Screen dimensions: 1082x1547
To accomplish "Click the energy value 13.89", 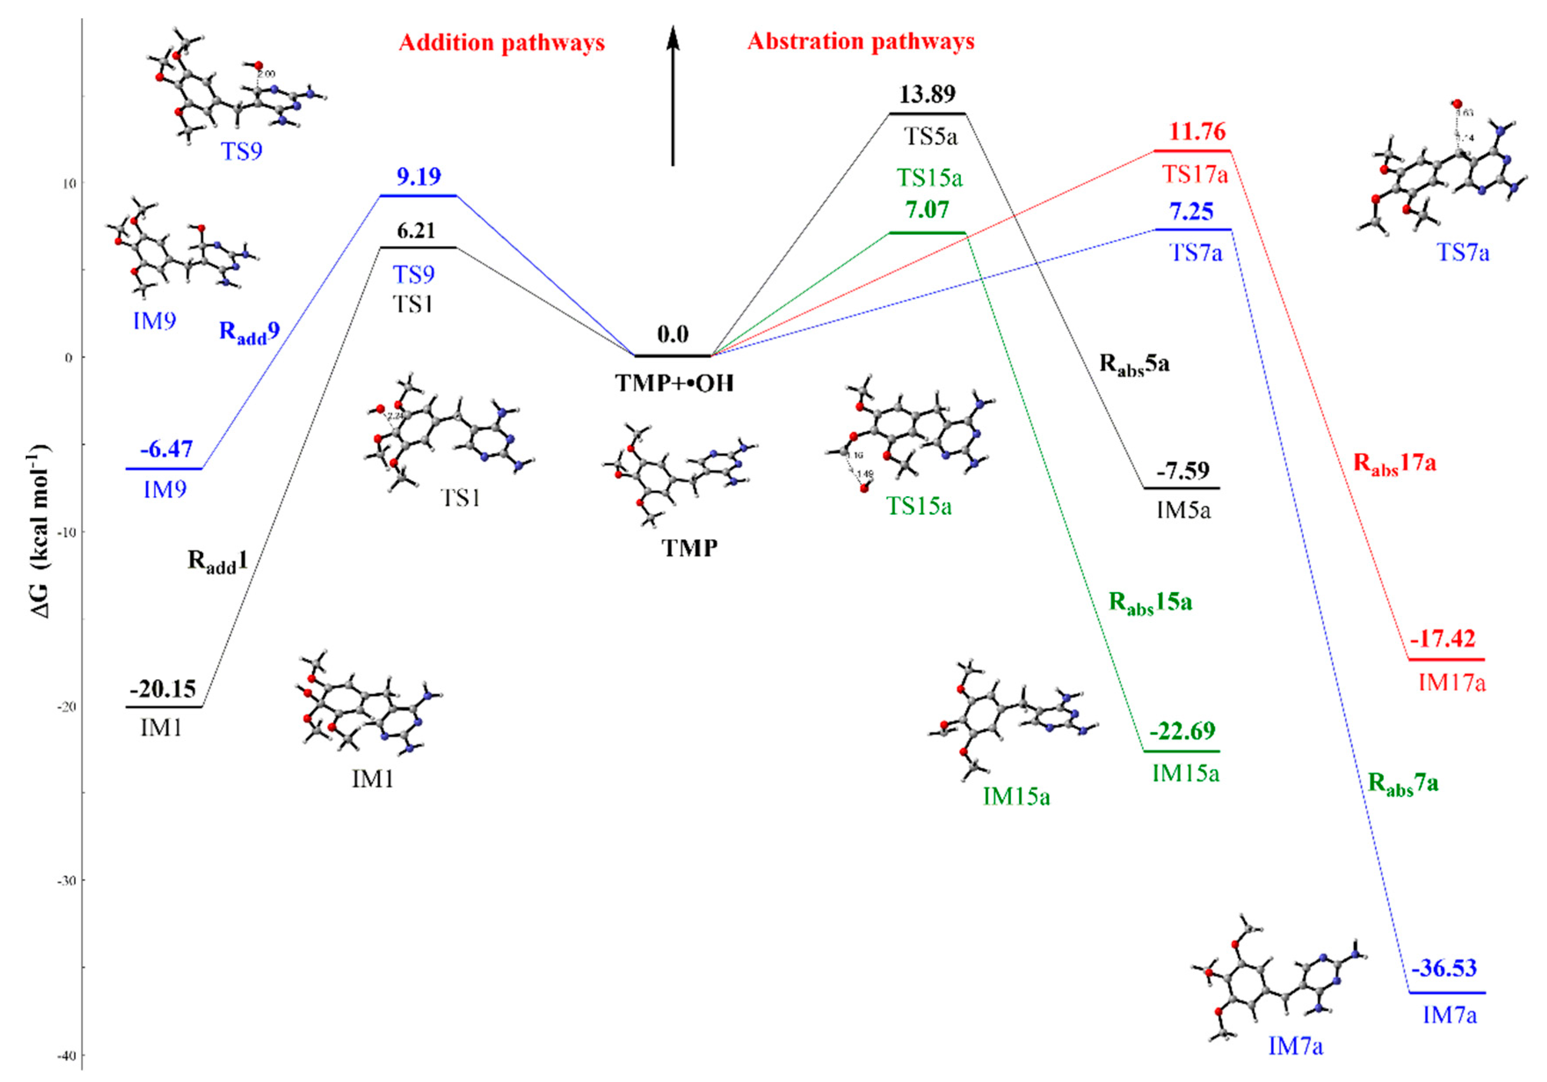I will (x=927, y=94).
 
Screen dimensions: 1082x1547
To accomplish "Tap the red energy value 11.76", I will (x=1197, y=131).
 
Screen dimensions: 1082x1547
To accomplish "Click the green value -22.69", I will (x=1183, y=731).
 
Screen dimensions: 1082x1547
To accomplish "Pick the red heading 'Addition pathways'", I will (x=501, y=43).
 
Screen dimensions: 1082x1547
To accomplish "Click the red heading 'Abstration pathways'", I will (x=861, y=42).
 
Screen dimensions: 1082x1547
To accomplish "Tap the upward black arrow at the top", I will (x=672, y=94).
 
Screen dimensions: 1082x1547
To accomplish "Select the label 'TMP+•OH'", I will (x=674, y=383).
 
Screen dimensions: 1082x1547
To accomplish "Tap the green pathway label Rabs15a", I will (x=1150, y=602).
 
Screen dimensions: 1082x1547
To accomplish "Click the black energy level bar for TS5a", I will (x=927, y=113).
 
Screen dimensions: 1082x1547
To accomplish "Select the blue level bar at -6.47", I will (x=164, y=468).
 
